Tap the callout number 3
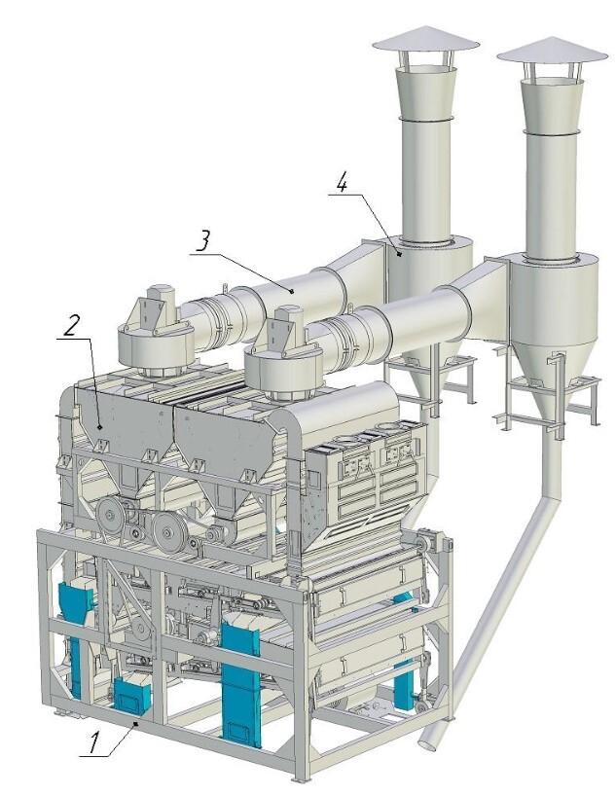[x=202, y=241]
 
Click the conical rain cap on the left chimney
[x=425, y=39]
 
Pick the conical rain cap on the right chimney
[x=552, y=51]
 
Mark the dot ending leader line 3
[x=292, y=291]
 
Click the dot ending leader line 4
[x=400, y=255]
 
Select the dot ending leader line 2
[x=100, y=427]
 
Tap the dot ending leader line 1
[x=135, y=725]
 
